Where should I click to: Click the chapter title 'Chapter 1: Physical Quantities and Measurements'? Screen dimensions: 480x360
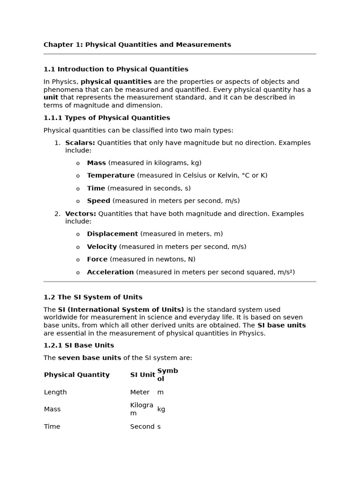point(137,45)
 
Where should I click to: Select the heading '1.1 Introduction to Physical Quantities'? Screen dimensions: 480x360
point(116,69)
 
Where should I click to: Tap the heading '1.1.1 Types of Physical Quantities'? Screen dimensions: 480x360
point(106,118)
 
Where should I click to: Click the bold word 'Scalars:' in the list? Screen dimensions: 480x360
point(80,143)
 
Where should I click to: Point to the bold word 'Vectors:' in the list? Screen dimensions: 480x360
point(80,214)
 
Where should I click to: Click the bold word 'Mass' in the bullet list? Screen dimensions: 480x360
point(96,163)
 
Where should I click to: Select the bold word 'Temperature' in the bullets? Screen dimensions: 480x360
point(111,176)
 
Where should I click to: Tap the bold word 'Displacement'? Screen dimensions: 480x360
point(112,234)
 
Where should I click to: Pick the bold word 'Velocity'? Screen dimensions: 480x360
point(102,247)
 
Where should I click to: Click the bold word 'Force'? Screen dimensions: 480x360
point(97,259)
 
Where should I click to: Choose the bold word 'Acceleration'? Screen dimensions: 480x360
point(110,272)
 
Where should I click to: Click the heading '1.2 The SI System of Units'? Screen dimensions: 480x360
point(93,297)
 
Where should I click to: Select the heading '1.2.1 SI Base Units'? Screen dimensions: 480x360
point(79,345)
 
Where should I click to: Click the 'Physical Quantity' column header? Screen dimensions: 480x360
point(76,375)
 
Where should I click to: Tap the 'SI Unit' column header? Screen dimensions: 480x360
point(142,375)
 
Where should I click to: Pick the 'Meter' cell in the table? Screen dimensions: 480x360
point(140,392)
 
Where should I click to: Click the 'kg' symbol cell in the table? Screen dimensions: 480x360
point(161,409)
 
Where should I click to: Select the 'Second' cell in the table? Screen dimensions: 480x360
point(142,427)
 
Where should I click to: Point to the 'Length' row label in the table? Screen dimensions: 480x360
point(55,392)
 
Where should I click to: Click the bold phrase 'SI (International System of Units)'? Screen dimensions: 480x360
point(121,310)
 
